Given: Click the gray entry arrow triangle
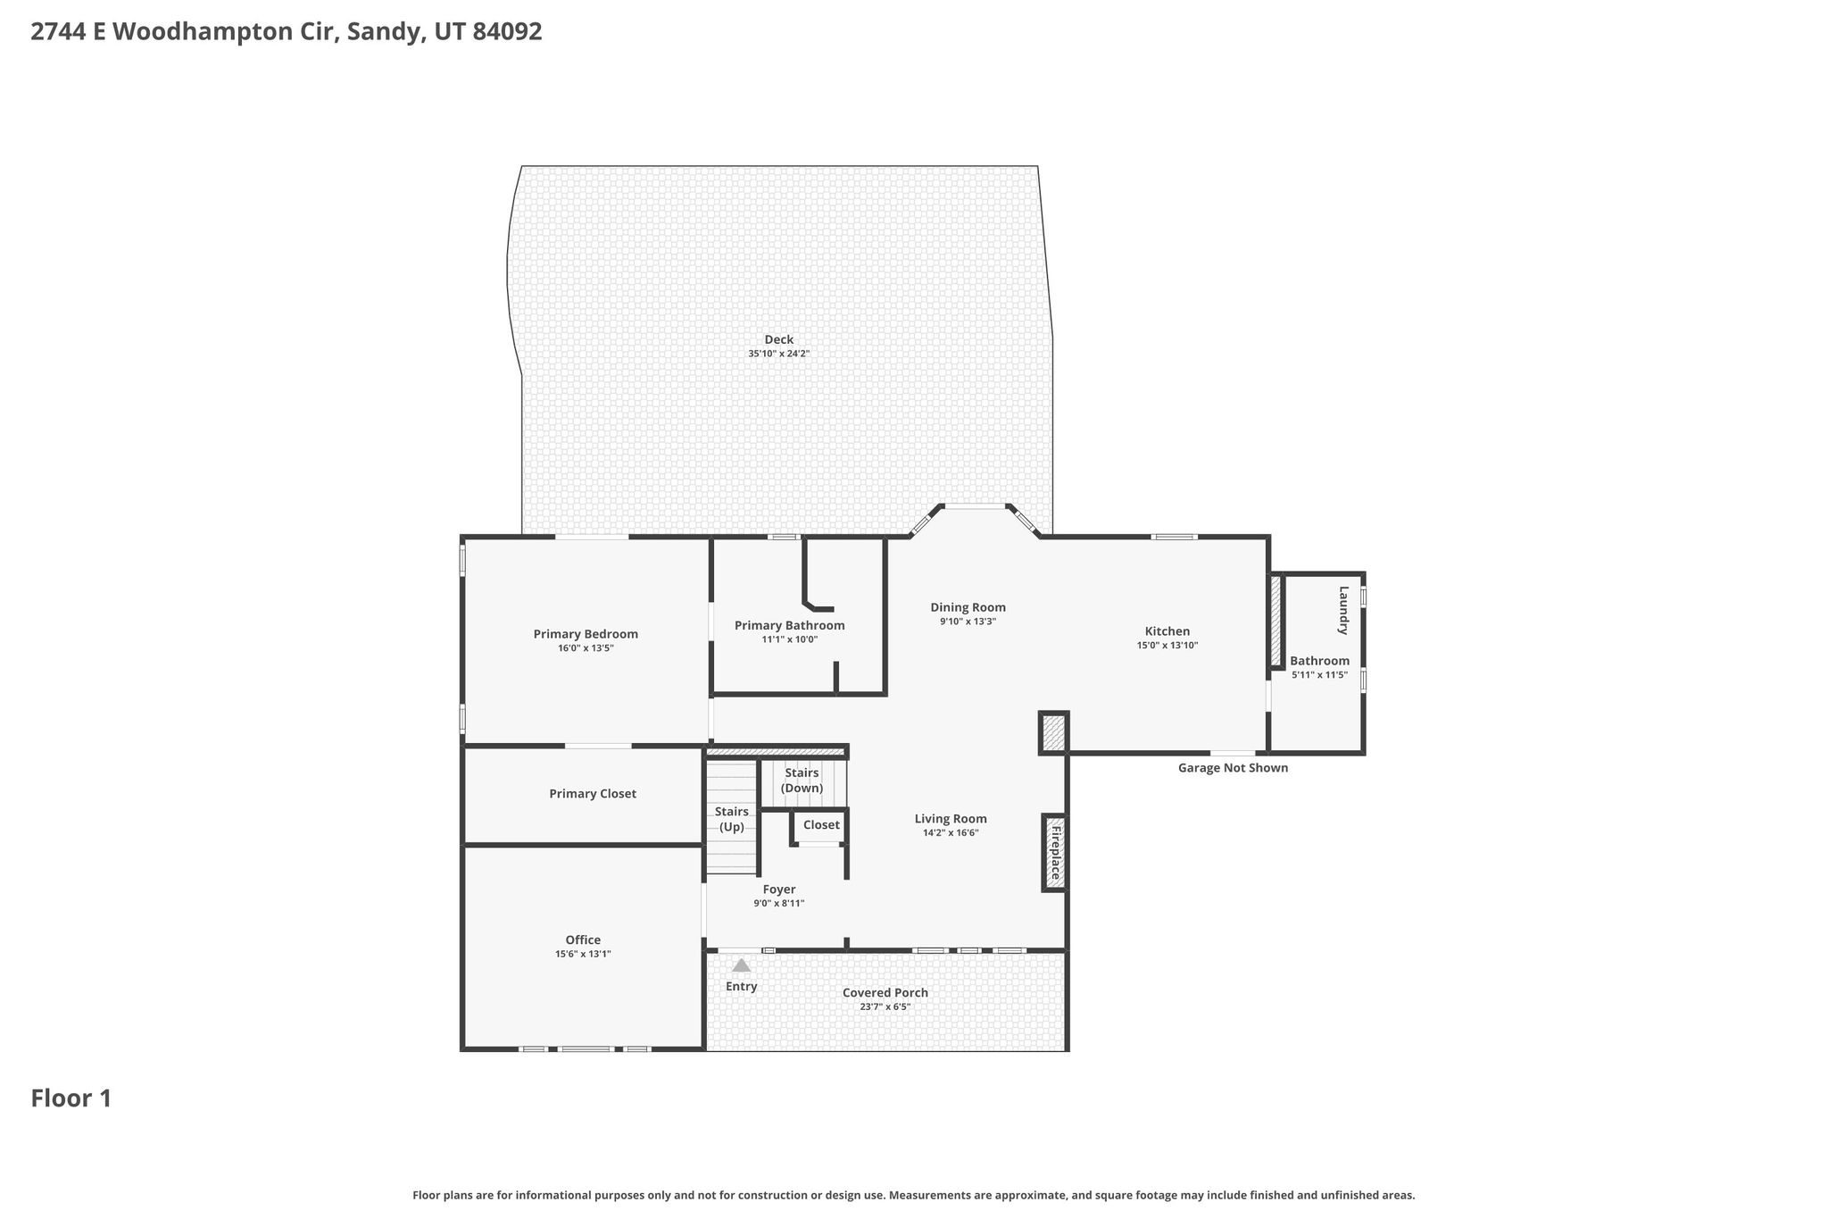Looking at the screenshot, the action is click(742, 965).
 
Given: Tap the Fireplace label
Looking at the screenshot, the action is click(1055, 853).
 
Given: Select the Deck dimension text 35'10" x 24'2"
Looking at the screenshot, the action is click(779, 354).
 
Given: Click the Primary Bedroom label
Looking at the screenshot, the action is click(586, 634).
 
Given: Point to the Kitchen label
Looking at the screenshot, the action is click(1167, 631).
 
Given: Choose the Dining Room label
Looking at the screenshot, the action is click(968, 608).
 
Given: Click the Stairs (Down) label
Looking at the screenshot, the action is click(802, 781).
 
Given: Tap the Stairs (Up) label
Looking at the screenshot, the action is click(732, 819).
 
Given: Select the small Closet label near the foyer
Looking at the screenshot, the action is click(821, 825).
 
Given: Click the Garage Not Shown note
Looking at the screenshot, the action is click(1233, 768).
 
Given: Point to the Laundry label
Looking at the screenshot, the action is click(1342, 610).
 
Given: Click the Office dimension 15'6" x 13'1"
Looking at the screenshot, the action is click(583, 954).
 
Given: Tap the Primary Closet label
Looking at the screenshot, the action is click(593, 794).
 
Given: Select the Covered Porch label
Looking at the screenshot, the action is click(885, 993).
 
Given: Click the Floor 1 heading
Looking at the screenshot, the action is click(71, 1098).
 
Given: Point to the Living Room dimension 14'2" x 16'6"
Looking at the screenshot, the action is click(951, 833).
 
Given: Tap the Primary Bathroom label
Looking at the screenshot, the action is click(790, 625).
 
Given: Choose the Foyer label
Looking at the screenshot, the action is click(779, 889).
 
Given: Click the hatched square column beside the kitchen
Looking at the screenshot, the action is click(1054, 733).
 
